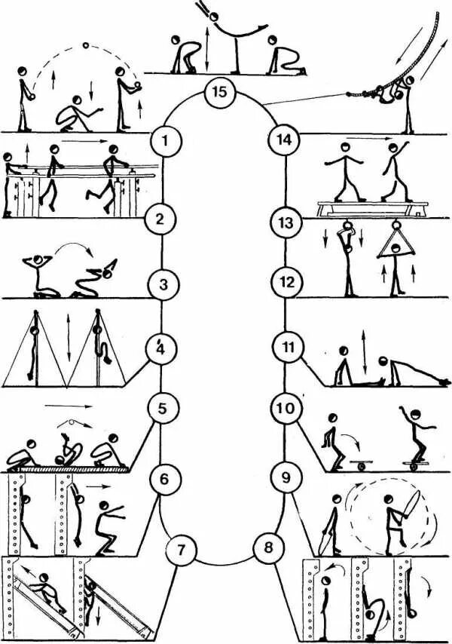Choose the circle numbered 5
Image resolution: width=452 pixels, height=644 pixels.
[x=162, y=409]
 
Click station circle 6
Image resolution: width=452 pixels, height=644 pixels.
[x=164, y=478]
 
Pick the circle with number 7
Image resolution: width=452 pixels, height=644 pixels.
[x=180, y=548]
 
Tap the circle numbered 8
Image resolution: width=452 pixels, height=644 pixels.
[x=268, y=548]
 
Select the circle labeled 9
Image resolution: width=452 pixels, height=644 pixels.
[x=285, y=477]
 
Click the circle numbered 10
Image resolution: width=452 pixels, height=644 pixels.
[x=286, y=409]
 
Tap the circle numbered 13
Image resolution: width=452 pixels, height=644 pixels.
[x=286, y=223]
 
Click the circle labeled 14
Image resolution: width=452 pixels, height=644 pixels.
[x=286, y=140]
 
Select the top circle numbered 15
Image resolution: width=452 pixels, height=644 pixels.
[x=219, y=94]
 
